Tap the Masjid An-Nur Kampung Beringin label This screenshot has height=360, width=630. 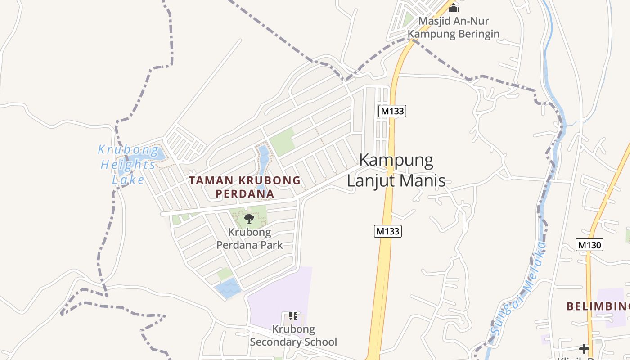[x=453, y=27]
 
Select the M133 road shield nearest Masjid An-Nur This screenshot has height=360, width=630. [x=392, y=111]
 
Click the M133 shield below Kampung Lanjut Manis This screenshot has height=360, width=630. [x=387, y=231]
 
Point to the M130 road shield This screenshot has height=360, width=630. [x=589, y=245]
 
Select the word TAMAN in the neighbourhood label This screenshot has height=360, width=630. [x=211, y=180]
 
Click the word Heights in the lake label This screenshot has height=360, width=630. [x=128, y=165]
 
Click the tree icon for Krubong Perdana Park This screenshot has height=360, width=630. [x=249, y=219]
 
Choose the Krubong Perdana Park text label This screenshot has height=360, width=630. [x=250, y=238]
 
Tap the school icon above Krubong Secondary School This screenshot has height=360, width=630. [x=293, y=316]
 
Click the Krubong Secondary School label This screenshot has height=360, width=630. [x=293, y=336]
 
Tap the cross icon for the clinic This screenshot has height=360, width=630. [x=584, y=348]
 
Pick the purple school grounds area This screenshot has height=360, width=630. [x=279, y=292]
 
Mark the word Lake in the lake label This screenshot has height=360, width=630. [x=128, y=180]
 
